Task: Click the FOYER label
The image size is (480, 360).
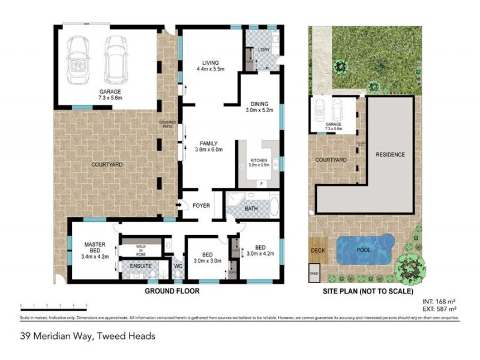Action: (x=201, y=206)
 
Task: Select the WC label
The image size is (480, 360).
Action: (x=178, y=265)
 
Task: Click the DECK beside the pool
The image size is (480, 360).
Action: (x=317, y=250)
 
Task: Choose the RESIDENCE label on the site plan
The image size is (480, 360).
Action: (x=391, y=155)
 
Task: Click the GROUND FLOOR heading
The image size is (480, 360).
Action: (x=172, y=291)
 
